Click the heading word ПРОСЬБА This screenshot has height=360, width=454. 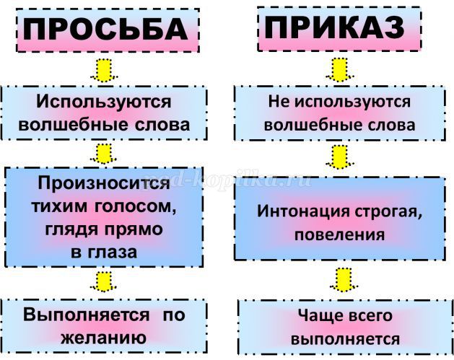tap(105, 30)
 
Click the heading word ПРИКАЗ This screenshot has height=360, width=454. tap(333, 29)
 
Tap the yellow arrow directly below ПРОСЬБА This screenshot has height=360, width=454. tap(104, 70)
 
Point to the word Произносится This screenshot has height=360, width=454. tap(102, 183)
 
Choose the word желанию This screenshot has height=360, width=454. tap(104, 337)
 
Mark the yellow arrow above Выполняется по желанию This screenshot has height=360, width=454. tap(104, 280)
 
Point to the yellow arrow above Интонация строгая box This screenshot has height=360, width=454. tap(339, 153)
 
